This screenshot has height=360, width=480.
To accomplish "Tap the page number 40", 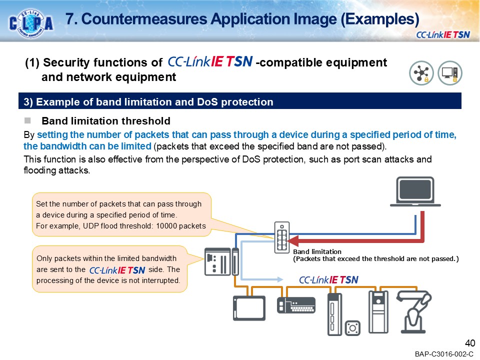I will pyautogui.click(x=469, y=343).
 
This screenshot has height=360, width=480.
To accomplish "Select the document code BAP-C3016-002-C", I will pyautogui.click(x=443, y=354).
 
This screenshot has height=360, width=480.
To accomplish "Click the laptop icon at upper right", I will pyautogui.click(x=418, y=191).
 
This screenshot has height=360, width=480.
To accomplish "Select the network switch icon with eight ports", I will pyautogui.click(x=281, y=237).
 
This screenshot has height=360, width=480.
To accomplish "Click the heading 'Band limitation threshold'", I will pyautogui.click(x=106, y=121).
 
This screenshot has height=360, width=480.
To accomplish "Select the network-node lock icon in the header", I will pyautogui.click(x=421, y=73).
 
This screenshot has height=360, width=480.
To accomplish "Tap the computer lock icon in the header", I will pyautogui.click(x=449, y=73).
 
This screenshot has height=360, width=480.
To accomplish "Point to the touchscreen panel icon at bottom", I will pyautogui.click(x=249, y=307).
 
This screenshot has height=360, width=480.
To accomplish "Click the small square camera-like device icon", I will pyautogui.click(x=354, y=327).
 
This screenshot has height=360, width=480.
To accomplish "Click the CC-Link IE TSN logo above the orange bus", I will pyautogui.click(x=328, y=279).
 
